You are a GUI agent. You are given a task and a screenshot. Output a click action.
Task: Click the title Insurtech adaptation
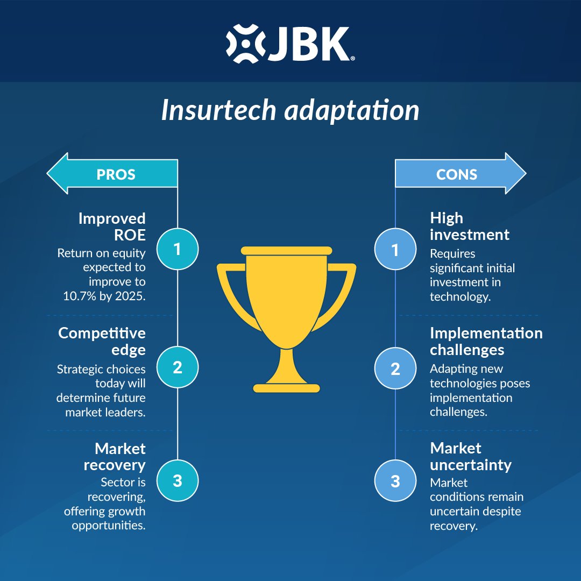pos(290,110)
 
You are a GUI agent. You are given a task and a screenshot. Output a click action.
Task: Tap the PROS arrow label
pos(116,174)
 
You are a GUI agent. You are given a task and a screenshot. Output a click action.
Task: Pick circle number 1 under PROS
pos(178,249)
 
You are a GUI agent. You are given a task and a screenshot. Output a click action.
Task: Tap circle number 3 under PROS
pos(178,481)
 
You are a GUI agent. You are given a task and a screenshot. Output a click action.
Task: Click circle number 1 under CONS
pos(395,249)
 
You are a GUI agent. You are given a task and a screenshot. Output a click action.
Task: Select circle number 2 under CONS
pos(395,369)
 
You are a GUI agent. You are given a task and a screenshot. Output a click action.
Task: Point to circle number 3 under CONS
pos(395,481)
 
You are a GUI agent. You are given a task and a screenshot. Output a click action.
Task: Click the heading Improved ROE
pos(112,226)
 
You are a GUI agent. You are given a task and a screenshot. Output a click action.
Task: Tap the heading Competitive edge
pos(102,341)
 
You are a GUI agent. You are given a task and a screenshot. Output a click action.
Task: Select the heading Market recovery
pos(115,456)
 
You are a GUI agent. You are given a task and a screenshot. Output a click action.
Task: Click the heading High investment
pos(470,226)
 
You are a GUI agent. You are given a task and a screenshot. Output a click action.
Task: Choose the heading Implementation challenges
pos(486,341)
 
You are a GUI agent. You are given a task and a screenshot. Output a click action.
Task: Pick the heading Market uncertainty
pos(471,456)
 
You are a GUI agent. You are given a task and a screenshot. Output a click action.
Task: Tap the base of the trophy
pos(286,387)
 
